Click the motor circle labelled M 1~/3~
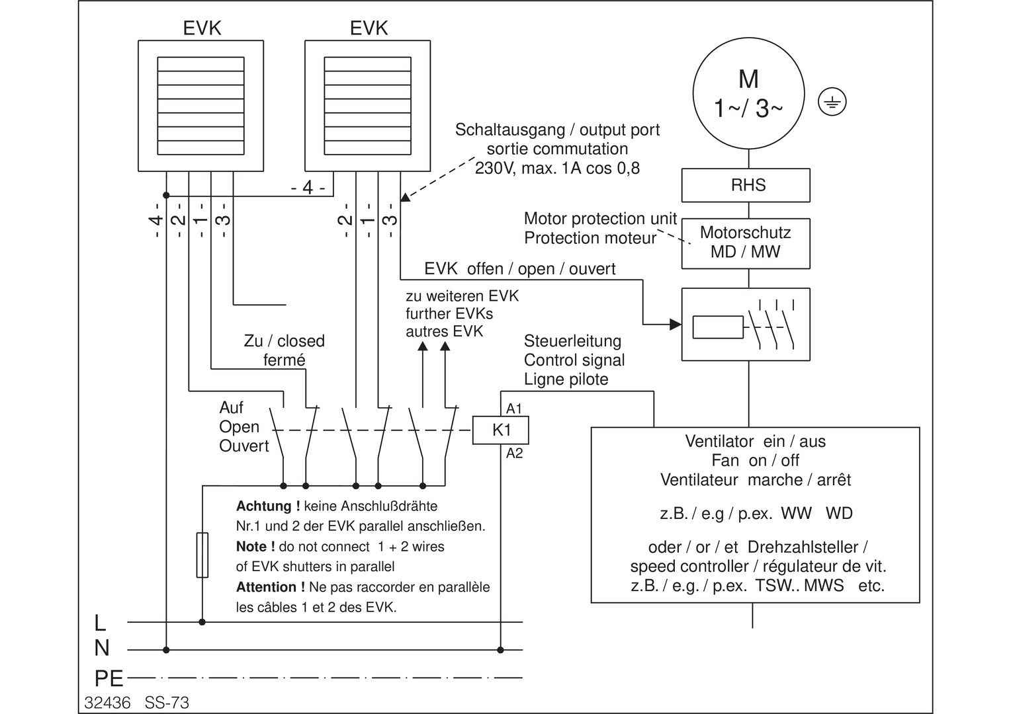coord(748,93)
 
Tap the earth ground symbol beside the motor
coord(832,102)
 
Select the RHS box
coord(746,185)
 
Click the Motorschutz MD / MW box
coord(746,243)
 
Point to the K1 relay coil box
coord(500,430)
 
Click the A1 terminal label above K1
coord(514,408)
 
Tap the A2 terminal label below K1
coord(514,454)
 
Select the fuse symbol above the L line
coord(202,555)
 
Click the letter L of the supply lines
coord(100,623)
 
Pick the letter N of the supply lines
coord(101,649)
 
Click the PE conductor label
coord(109,678)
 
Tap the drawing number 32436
coord(107,702)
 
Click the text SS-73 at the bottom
coord(167,702)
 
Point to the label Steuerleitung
coord(572,341)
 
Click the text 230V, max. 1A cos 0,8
coord(557,168)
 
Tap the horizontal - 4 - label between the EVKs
coord(308,188)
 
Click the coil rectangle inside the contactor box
coord(718,327)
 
